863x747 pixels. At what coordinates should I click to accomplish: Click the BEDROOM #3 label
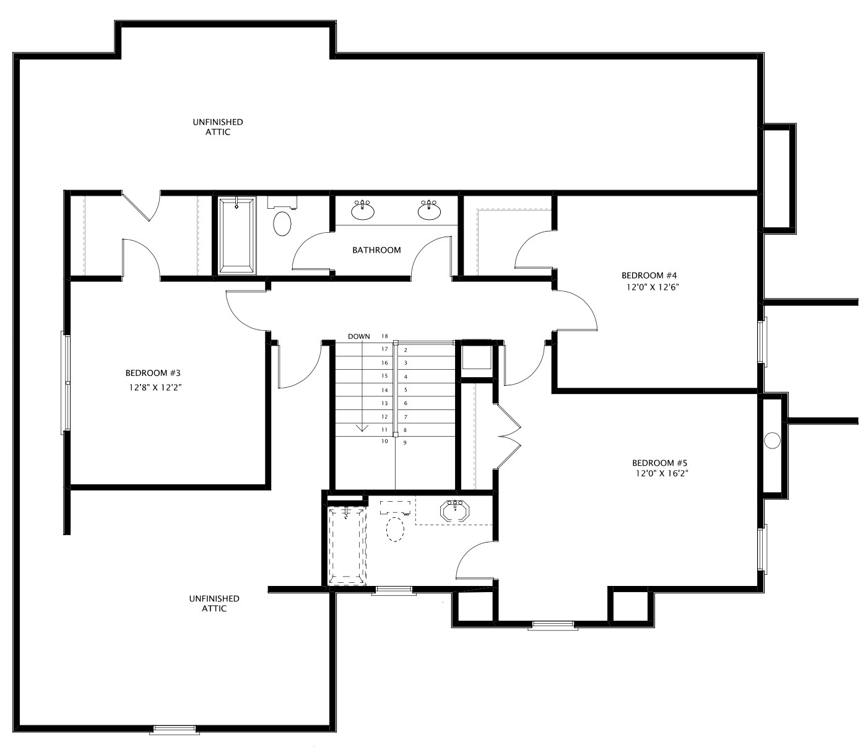[152, 373]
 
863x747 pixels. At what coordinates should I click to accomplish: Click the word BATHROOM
[376, 250]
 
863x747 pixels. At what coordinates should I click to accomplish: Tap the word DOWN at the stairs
[358, 336]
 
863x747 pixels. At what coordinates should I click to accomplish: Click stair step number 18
[384, 336]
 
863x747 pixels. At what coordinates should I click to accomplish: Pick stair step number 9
[405, 443]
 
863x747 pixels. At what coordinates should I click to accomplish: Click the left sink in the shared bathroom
[362, 211]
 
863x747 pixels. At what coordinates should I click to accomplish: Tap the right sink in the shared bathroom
[429, 211]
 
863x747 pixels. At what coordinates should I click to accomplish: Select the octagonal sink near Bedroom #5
[456, 512]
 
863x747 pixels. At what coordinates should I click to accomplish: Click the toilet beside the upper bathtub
[282, 224]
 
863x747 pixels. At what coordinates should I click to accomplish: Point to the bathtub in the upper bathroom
[236, 235]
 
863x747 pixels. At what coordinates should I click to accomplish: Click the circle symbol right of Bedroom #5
[771, 440]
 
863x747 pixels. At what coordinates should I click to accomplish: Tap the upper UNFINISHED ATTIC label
[217, 127]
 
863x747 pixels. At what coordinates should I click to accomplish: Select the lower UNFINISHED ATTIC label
[214, 603]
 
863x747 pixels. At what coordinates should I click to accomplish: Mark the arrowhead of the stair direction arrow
[362, 428]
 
